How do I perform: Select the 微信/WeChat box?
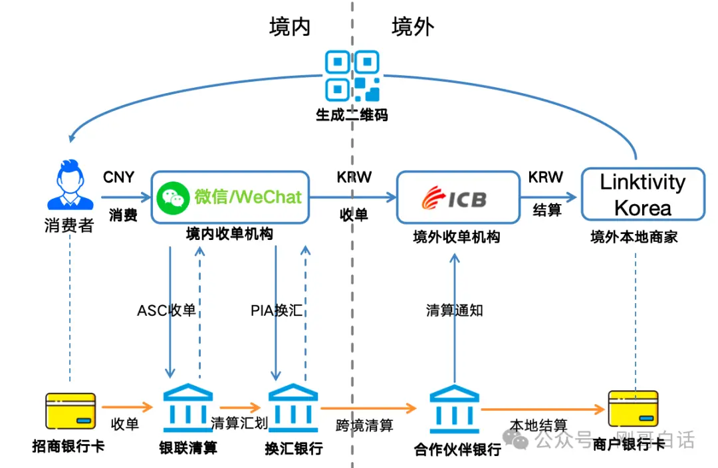tap(231, 197)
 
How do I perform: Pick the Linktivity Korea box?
tap(642, 194)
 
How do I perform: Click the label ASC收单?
tap(166, 310)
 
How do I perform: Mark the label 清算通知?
tap(455, 310)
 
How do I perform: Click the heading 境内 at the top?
tap(290, 27)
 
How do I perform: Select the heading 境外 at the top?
tap(413, 27)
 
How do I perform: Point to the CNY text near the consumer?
tap(118, 177)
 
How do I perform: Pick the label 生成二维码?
tap(352, 114)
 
